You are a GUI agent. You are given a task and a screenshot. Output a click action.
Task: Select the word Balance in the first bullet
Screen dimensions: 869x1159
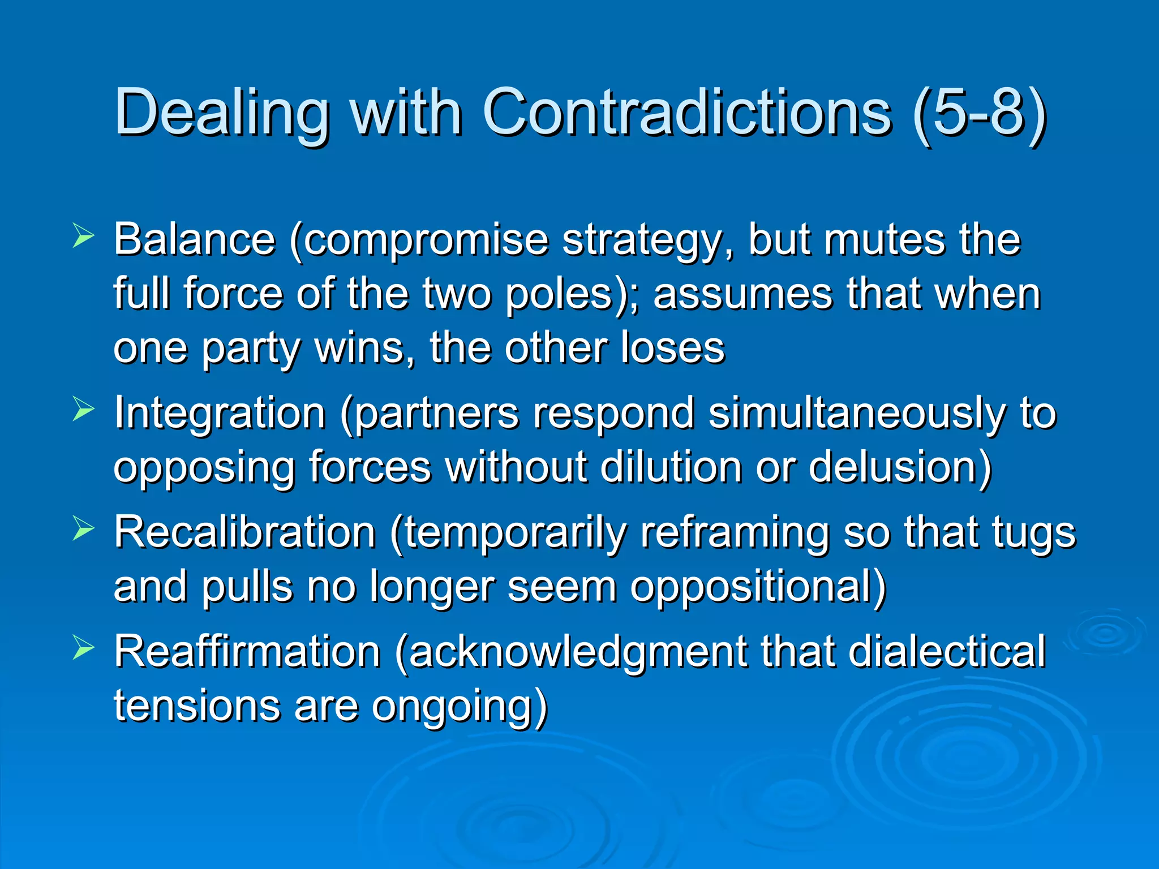coord(194,239)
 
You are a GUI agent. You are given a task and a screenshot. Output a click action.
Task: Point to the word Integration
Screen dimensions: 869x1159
coord(220,414)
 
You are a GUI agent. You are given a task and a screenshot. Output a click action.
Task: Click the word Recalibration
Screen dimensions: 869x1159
coord(244,532)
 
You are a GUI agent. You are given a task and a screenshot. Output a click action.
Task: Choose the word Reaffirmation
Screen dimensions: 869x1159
coord(247,652)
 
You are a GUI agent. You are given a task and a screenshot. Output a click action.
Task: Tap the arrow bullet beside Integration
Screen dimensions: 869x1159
coord(83,410)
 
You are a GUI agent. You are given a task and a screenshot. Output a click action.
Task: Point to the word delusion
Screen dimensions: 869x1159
coord(900,467)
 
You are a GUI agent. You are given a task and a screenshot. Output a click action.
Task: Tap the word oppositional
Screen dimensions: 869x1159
coord(757,587)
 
